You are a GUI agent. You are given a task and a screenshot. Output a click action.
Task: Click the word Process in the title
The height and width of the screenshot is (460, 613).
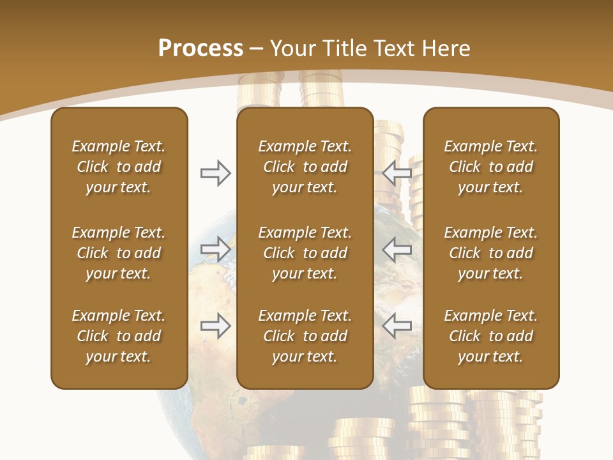pos(201,49)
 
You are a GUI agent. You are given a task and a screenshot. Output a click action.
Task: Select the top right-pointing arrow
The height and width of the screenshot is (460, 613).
pos(216,173)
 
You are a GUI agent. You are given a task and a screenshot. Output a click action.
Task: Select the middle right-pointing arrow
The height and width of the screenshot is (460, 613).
pos(216,249)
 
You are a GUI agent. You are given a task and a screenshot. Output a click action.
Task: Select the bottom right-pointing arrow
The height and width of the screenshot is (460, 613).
pos(216,326)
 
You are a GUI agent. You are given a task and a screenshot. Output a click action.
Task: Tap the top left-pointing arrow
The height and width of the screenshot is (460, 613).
pos(397,173)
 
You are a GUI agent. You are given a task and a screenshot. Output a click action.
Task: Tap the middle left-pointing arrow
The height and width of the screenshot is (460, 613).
pos(397,249)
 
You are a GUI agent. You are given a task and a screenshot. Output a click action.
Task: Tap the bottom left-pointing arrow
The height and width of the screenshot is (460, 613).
pos(397,326)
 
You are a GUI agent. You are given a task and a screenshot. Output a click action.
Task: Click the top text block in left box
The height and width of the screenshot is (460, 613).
pos(119,167)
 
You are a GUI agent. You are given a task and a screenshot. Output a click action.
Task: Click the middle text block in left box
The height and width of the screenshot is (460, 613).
pos(119,253)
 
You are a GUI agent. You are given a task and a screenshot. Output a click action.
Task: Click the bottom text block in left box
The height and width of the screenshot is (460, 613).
pos(119,336)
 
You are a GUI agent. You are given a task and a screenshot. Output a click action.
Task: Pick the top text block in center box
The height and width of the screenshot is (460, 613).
pos(305,167)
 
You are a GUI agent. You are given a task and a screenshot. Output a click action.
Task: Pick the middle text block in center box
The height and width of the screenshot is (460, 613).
pos(305,253)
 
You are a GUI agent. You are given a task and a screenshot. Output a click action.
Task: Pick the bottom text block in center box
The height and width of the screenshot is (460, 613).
pos(305,336)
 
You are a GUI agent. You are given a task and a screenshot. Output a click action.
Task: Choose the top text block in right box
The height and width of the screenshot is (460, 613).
pos(490,167)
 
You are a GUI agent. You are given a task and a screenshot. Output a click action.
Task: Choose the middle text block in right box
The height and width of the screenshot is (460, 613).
pos(490,253)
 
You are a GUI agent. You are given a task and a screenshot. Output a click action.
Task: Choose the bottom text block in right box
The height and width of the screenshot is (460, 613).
pos(490,336)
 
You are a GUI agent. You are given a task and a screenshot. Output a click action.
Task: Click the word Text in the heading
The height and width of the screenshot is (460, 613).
pos(393,49)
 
